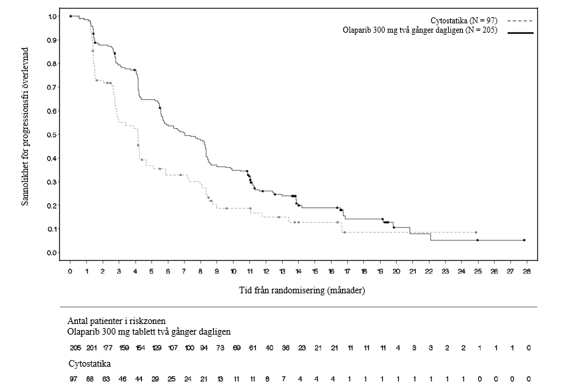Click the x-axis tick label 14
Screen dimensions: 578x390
tap(298, 271)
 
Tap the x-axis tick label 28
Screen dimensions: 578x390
tap(527, 271)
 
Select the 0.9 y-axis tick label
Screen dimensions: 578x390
tap(53, 40)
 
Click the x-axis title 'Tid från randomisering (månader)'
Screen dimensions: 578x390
tap(302, 291)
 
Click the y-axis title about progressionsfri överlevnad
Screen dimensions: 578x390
tap(25, 127)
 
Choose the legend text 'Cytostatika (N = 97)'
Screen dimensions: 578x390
tap(463, 21)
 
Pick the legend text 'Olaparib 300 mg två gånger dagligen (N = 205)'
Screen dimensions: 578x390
tap(420, 30)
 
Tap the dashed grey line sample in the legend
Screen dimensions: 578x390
tap(520, 21)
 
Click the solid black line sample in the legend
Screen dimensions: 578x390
tap(520, 33)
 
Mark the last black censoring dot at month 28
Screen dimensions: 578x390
tap(524, 240)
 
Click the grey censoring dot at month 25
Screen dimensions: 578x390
tap(476, 233)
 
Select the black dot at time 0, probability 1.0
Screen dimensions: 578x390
tap(71, 16)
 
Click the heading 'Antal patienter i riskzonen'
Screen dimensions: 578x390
tap(117, 321)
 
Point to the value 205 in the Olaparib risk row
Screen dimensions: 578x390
tap(75, 348)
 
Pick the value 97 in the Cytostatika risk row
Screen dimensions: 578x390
tap(74, 379)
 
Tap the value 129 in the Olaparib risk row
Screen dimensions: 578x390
tap(156, 348)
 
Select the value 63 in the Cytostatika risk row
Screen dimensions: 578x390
tap(106, 379)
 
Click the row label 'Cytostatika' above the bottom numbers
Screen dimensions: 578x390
tap(90, 364)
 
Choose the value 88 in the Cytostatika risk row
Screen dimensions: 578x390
tap(90, 379)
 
